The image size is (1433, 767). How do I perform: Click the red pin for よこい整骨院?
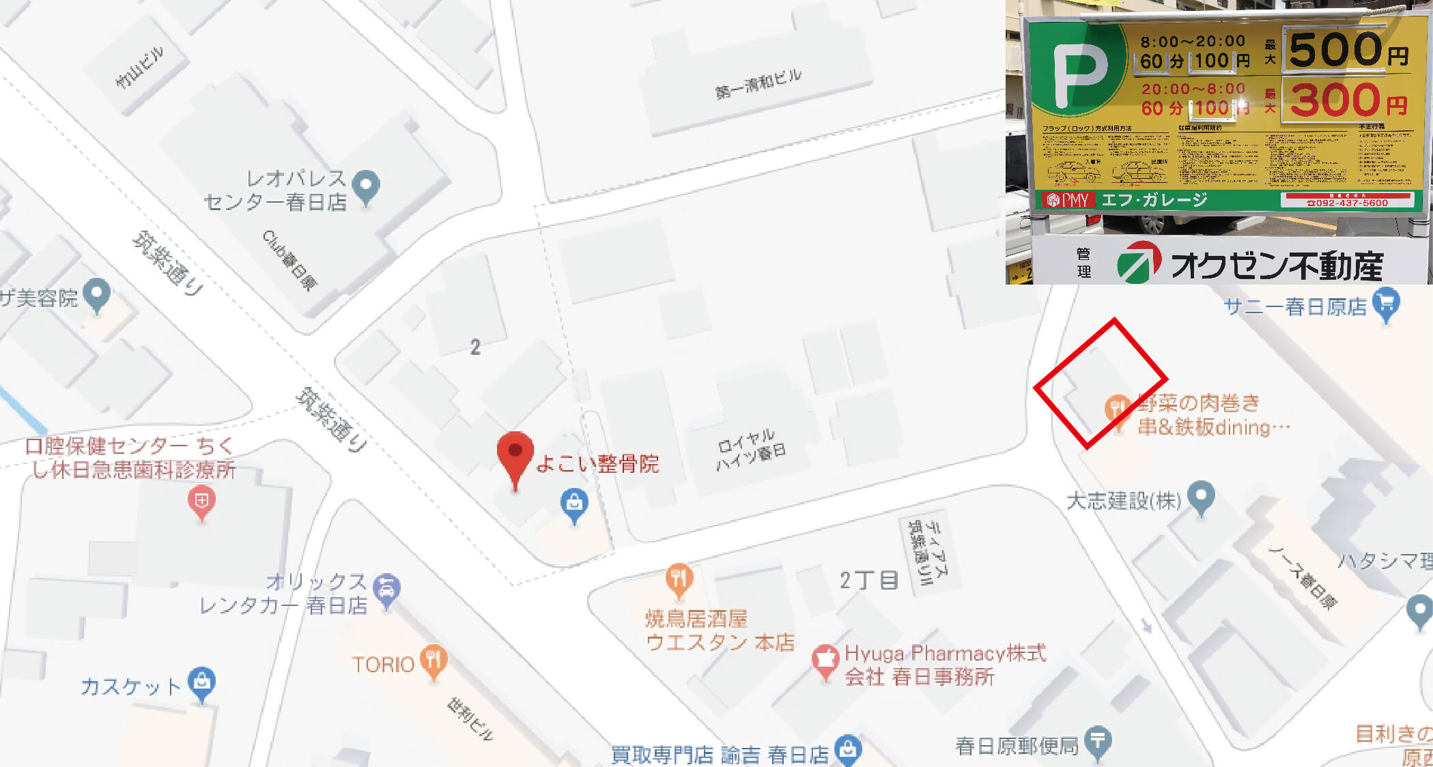tap(515, 453)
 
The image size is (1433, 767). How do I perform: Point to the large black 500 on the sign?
tap(1335, 49)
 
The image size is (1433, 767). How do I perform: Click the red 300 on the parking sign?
tap(1335, 100)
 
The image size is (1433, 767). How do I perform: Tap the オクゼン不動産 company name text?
tap(1276, 265)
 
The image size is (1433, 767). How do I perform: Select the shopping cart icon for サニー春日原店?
tap(1386, 304)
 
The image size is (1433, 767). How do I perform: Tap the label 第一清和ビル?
tap(758, 83)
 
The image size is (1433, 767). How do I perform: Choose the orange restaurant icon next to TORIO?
tap(434, 660)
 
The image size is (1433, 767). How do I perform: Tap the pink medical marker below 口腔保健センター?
tap(201, 502)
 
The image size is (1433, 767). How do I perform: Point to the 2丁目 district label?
tap(868, 580)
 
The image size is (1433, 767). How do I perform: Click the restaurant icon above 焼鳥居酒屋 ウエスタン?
tap(679, 579)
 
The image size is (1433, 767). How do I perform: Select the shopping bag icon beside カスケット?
tap(202, 682)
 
